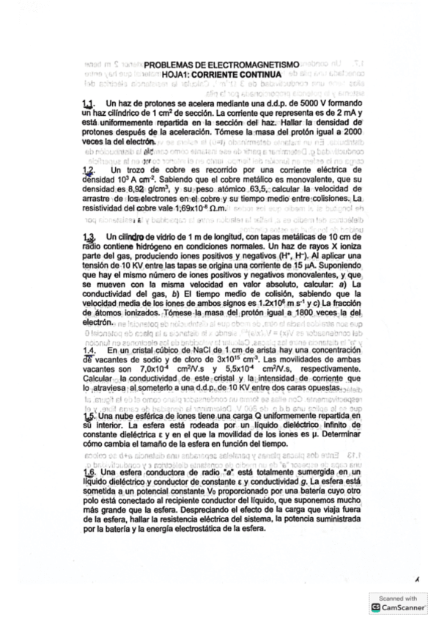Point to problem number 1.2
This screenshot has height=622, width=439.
tap(89, 168)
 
